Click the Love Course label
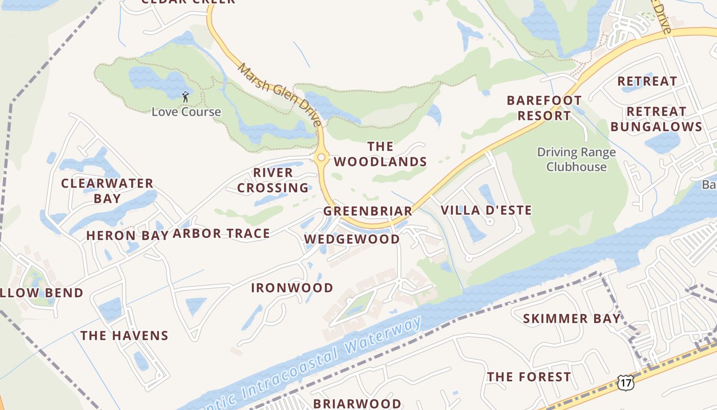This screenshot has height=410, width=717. point(186,112)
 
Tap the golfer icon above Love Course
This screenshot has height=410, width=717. point(185,96)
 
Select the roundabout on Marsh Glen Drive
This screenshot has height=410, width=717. point(321,157)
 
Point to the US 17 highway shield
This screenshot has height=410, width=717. point(625,382)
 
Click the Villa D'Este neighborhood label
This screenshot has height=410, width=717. point(486,210)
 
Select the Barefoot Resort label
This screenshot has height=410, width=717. point(544,108)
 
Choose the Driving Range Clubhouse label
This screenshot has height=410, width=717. point(576,159)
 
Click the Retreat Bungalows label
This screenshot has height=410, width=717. point(656,119)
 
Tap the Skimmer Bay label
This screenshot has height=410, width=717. point(572,319)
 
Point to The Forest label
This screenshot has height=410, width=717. point(529,377)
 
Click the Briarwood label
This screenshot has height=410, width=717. point(357,403)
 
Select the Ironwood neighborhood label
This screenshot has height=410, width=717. point(292,288)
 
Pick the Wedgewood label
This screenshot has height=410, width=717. point(352,239)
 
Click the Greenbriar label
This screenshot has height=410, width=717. point(368,211)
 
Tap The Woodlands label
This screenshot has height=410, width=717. point(380,154)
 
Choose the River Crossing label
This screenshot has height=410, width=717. point(273,180)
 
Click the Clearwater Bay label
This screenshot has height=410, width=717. point(107,191)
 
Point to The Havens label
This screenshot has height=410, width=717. point(124,336)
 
